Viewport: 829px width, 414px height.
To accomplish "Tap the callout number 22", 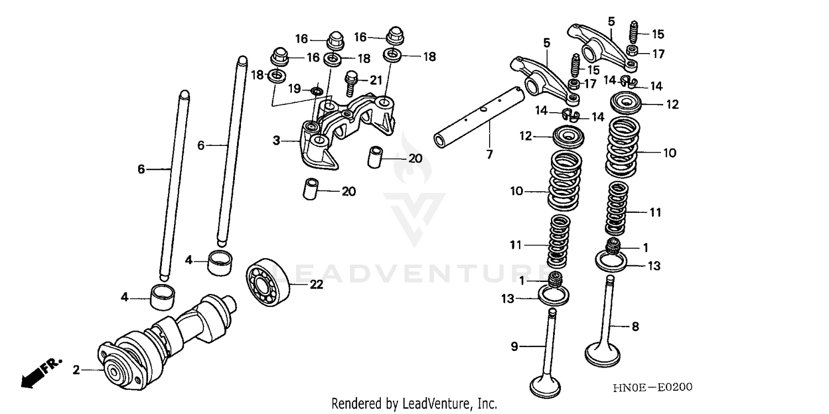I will coord(316,285).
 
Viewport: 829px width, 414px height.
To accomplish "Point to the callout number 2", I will coord(76,370).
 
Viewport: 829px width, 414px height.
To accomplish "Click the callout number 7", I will coord(489,155).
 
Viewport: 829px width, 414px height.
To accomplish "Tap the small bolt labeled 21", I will coord(350,83).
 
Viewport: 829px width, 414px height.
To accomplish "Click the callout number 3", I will coord(276,141).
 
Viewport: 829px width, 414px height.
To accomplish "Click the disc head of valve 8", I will coord(605,353).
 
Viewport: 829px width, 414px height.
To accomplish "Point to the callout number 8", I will coord(635,327).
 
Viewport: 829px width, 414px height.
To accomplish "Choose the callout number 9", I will coord(514,347).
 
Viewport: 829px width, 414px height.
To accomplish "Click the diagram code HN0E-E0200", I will coord(652,387).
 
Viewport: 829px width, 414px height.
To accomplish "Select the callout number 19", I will coord(295,88).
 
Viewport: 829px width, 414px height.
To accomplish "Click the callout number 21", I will coord(376,80).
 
